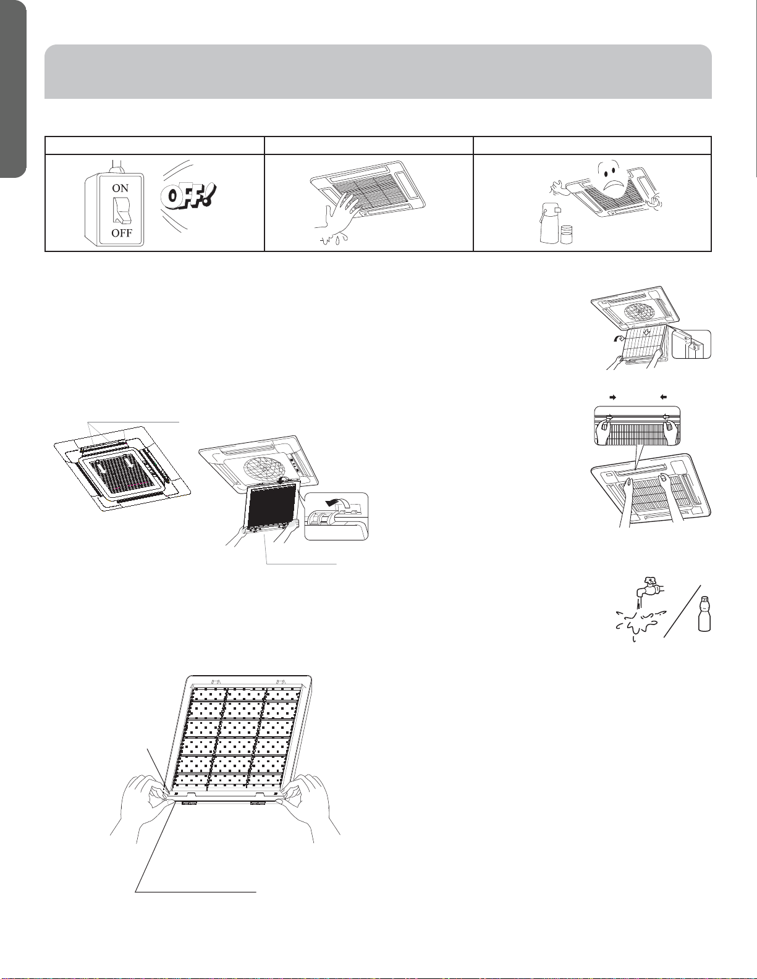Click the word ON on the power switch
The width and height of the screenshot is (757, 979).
[121, 188]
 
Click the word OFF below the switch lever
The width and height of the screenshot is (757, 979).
[122, 233]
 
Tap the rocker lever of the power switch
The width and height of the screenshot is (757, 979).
[121, 210]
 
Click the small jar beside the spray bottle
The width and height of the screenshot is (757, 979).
[567, 235]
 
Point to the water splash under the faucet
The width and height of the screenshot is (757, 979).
[638, 623]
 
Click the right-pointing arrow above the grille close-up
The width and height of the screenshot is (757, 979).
[612, 397]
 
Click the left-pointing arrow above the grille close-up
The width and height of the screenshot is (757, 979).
[663, 397]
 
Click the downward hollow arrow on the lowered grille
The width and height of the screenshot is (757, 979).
[646, 332]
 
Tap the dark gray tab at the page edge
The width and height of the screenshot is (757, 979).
[13, 89]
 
